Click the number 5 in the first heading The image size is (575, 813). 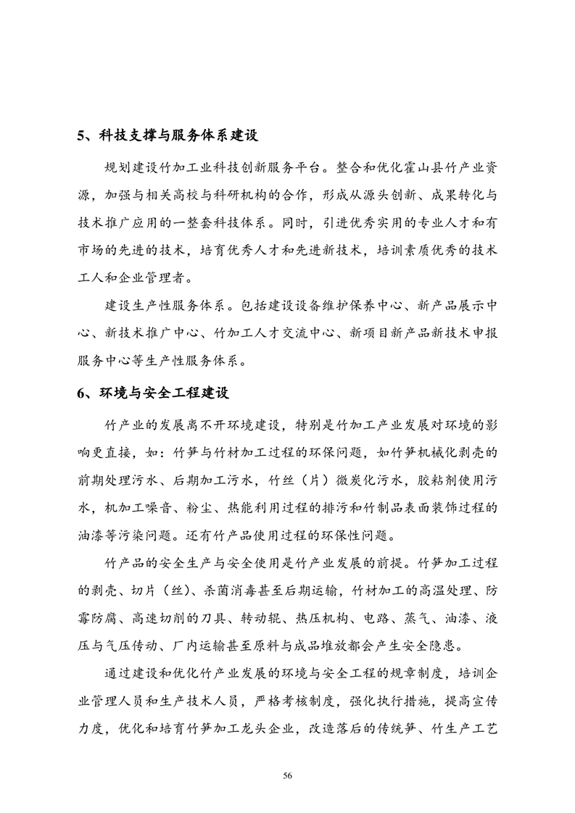81,136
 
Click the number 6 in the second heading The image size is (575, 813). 81,393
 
